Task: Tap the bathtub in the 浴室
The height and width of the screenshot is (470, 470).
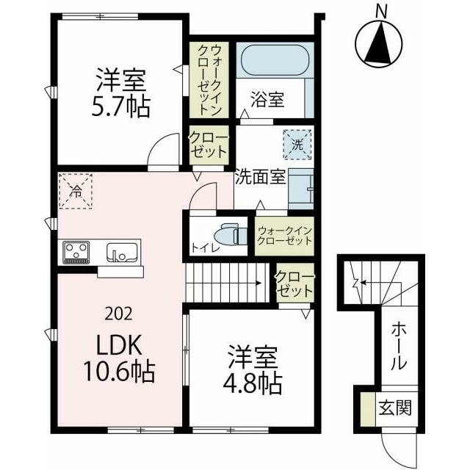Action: (274, 61)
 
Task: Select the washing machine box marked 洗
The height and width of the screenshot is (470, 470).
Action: (297, 145)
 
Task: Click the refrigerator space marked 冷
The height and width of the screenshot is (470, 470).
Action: (76, 191)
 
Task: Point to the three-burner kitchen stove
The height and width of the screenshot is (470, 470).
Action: (76, 253)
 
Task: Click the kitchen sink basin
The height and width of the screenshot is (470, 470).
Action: (122, 253)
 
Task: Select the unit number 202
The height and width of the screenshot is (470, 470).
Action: (119, 314)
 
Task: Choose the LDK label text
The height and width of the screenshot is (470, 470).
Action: (119, 345)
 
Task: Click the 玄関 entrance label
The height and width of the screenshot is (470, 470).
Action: (395, 408)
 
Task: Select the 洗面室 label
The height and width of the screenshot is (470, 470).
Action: (260, 176)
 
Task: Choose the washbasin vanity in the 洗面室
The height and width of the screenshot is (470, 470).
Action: (300, 189)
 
